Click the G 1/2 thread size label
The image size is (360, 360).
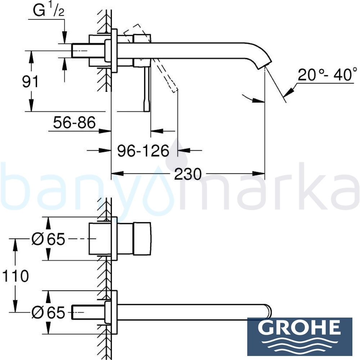tap(49, 10)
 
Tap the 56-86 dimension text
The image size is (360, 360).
tap(74, 122)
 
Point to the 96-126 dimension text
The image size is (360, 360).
tap(143, 151)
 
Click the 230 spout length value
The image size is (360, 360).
tap(188, 174)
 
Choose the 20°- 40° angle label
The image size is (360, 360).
tap(327, 74)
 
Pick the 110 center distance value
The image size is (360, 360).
tap(15, 276)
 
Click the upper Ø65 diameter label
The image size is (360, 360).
tap(49, 239)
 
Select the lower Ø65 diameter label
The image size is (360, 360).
tap(49, 312)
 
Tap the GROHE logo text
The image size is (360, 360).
tap(300, 328)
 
